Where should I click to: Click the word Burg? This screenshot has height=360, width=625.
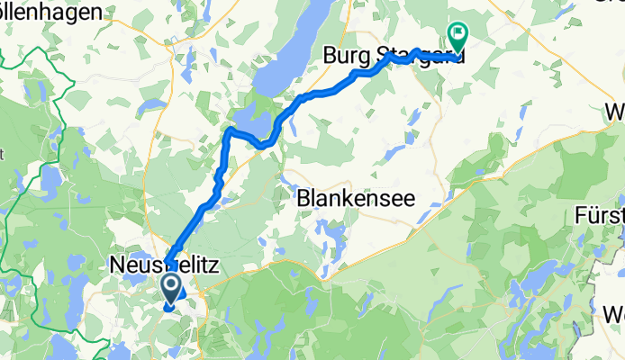[x=343, y=58]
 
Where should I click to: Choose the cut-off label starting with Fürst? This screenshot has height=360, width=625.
[x=600, y=216]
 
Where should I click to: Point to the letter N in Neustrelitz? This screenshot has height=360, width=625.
[x=116, y=266]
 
